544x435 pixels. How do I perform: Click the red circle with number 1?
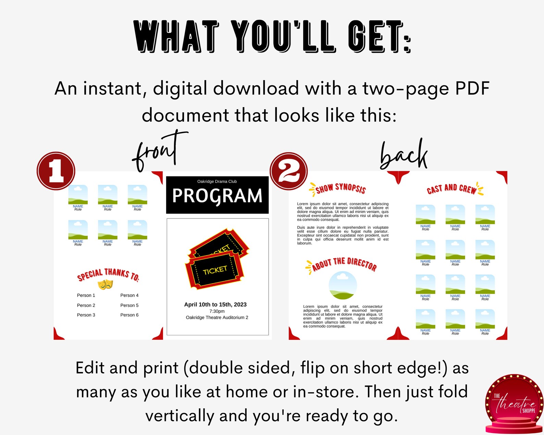click(x=56, y=171)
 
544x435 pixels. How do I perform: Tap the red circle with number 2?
click(x=289, y=171)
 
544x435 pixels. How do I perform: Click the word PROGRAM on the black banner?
click(x=217, y=196)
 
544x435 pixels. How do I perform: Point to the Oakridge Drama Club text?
click(x=217, y=182)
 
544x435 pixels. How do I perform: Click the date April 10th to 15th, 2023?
click(x=215, y=304)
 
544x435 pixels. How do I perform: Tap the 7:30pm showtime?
click(x=217, y=311)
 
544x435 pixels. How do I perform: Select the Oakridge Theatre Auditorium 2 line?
click(x=217, y=318)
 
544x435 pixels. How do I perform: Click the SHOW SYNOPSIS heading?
click(x=340, y=188)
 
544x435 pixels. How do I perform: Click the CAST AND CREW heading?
click(x=452, y=189)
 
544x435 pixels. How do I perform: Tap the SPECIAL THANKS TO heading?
click(x=108, y=274)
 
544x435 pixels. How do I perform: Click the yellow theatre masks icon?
click(x=105, y=284)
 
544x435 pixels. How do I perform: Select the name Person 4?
click(x=129, y=295)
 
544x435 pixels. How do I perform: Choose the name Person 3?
click(x=86, y=315)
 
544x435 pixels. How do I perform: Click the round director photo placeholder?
click(x=343, y=285)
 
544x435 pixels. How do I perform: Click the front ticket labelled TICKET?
click(x=215, y=271)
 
